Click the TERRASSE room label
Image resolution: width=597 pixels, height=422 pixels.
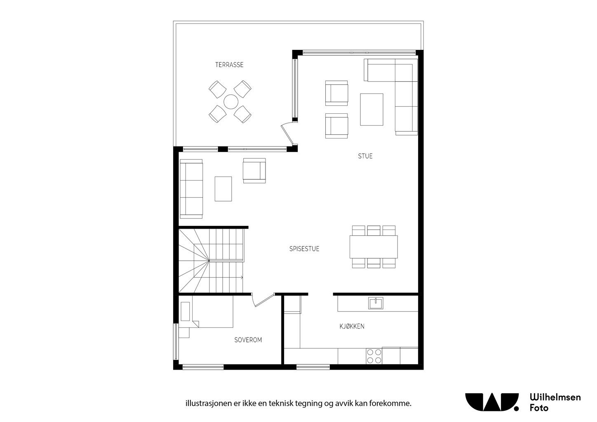pyautogui.click(x=229, y=65)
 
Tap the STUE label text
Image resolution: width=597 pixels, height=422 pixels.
pyautogui.click(x=365, y=156)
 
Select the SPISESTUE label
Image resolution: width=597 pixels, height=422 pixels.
pyautogui.click(x=304, y=249)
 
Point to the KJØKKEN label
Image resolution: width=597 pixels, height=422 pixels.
pyautogui.click(x=352, y=326)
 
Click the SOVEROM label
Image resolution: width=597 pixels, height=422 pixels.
pyautogui.click(x=248, y=340)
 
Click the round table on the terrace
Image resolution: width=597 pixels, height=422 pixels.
pyautogui.click(x=230, y=101)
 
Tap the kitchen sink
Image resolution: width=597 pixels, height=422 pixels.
pyautogui.click(x=376, y=303)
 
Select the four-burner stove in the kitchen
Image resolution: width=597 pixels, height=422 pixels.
pyautogui.click(x=374, y=356)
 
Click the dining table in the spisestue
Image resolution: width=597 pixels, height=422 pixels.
pyautogui.click(x=374, y=246)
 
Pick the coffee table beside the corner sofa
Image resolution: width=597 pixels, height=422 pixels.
pyautogui.click(x=371, y=109)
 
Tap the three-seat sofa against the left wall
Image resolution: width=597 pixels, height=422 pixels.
pyautogui.click(x=192, y=189)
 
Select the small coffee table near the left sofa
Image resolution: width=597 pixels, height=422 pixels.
pyautogui.click(x=223, y=189)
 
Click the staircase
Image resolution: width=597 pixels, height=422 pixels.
pyautogui.click(x=211, y=260)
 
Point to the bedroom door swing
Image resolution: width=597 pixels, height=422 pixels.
pyautogui.click(x=262, y=300)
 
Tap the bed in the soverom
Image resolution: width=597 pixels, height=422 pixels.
pyautogui.click(x=212, y=312)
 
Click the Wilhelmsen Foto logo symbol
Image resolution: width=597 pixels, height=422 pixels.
pyautogui.click(x=492, y=402)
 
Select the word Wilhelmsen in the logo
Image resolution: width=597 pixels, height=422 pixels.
pyautogui.click(x=555, y=397)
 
